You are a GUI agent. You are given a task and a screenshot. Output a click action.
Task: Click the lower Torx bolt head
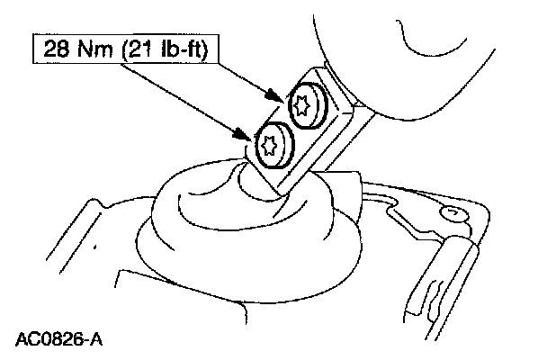[x=271, y=147]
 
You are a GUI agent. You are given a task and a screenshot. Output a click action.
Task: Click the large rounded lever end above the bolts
[x=423, y=54]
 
